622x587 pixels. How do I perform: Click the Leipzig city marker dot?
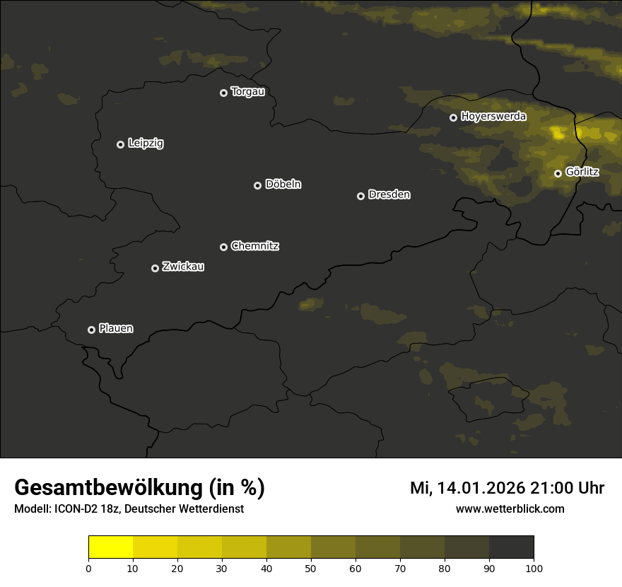click(120, 144)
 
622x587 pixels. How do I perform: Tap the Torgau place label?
click(247, 92)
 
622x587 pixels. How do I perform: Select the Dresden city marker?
click(360, 196)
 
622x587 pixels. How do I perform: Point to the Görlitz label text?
click(582, 172)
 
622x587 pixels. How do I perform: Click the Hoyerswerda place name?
click(493, 116)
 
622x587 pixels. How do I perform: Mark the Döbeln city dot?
click(257, 185)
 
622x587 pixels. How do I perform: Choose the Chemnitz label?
click(254, 246)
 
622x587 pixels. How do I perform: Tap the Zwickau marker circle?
click(155, 268)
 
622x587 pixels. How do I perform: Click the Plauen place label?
click(116, 328)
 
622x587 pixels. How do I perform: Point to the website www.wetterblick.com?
click(510, 508)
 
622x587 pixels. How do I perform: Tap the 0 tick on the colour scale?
click(88, 568)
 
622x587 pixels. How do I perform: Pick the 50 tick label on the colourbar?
click(311, 568)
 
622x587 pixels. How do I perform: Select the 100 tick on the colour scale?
click(534, 568)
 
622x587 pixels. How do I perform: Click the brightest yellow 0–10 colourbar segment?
click(110, 547)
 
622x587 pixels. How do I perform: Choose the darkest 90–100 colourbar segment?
click(511, 547)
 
